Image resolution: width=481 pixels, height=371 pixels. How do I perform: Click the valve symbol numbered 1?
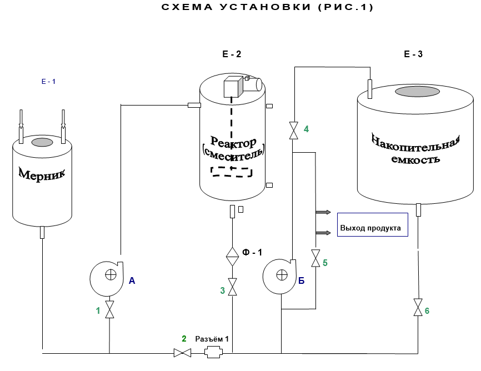109,309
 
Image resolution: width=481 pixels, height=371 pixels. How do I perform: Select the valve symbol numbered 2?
183,353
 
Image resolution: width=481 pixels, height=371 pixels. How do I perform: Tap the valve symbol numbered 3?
233,287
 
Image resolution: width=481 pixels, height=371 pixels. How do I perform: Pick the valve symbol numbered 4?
294,131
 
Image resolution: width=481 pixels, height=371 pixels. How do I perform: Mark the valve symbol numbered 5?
315,258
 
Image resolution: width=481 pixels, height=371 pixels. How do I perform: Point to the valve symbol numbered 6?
418,307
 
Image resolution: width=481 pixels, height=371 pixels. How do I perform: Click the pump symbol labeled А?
107,279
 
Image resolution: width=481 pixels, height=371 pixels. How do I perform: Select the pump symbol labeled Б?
279,277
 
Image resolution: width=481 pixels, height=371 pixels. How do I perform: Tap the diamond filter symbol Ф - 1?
232,257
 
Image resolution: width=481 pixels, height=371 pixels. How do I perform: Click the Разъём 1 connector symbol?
213,352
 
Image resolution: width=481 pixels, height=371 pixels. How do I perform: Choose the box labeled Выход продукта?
372,224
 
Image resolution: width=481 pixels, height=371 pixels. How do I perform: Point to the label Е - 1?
48,81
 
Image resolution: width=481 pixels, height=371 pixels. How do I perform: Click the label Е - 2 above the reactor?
232,54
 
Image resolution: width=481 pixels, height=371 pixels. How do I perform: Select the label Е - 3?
413,54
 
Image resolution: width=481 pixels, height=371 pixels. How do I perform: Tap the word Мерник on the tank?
42,174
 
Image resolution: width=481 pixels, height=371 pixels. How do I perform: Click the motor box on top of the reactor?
233,87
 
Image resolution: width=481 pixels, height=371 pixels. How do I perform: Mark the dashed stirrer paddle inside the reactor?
232,172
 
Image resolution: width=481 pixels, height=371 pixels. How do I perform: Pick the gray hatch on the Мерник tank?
42,142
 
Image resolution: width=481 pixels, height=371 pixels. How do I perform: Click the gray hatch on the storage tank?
417,91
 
